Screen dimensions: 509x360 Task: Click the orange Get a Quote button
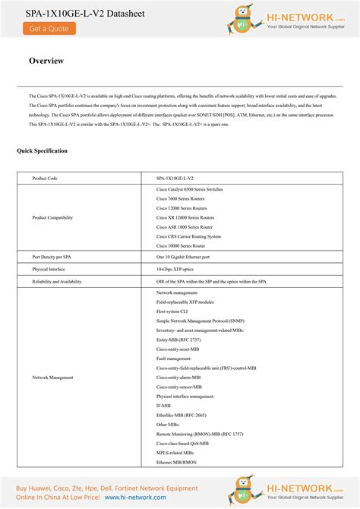click(49, 28)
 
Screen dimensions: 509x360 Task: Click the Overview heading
click(46, 61)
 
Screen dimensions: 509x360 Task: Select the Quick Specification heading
click(42, 151)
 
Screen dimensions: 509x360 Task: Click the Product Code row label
click(45, 178)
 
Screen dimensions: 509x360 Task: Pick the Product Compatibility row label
click(52, 217)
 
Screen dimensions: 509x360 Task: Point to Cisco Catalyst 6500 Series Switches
click(189, 188)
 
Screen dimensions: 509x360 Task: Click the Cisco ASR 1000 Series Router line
click(185, 226)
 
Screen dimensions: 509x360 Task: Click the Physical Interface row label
click(49, 269)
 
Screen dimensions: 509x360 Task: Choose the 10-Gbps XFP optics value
click(175, 269)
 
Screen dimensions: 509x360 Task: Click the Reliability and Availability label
click(57, 281)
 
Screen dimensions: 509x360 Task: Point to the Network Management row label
click(52, 377)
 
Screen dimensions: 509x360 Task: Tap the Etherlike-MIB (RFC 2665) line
click(182, 415)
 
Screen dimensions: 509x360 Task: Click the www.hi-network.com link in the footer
click(134, 497)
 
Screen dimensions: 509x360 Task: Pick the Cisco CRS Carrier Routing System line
click(188, 236)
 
